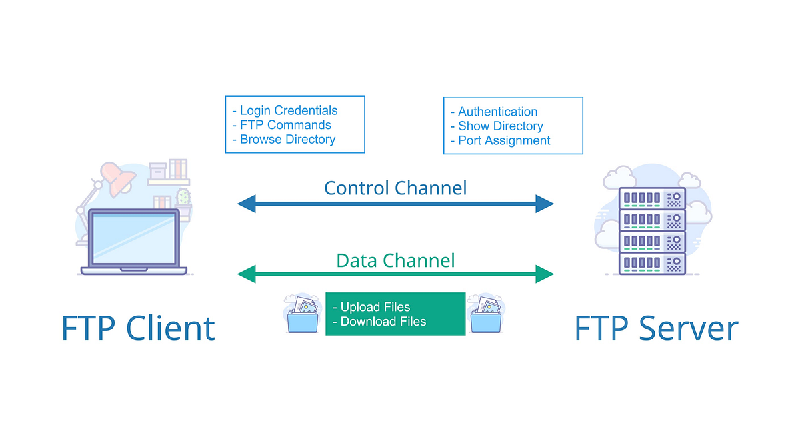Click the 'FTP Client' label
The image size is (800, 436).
138,329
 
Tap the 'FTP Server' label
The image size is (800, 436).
657,329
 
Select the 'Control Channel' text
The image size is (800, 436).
395,188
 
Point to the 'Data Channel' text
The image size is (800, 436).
395,260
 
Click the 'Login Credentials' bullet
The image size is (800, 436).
288,111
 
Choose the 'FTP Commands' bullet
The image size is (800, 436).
285,125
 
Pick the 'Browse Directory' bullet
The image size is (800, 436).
287,139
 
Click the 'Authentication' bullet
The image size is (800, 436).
497,112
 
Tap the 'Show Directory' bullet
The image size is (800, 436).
500,126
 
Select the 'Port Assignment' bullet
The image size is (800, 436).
504,140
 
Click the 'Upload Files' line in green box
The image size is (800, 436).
375,307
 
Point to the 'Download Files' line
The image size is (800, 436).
383,321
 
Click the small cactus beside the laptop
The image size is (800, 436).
183,197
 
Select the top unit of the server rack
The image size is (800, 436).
652,198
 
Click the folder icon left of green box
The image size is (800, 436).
303,314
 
